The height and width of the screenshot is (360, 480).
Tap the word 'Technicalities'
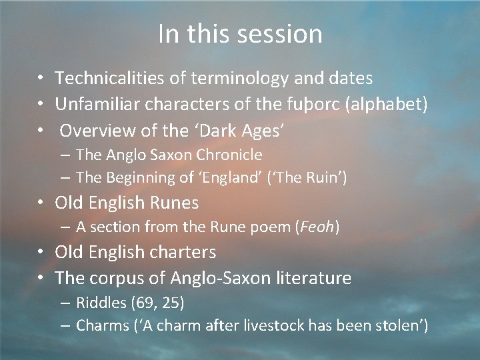(111, 79)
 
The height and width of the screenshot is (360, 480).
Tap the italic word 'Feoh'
(317, 227)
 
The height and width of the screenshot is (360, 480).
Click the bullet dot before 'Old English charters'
(41, 252)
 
